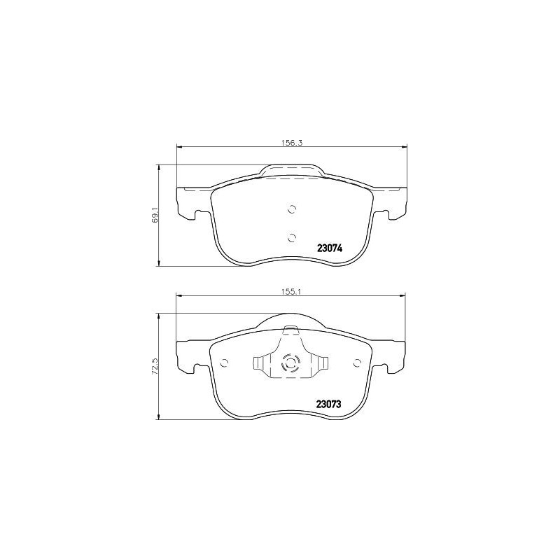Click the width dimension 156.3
click(290, 141)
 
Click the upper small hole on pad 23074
click(293, 208)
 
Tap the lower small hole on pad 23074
click(293, 237)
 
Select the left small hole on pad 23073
click(225, 363)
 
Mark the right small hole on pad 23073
click(357, 363)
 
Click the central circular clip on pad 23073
click(290, 364)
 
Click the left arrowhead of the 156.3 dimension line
click(178, 146)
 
